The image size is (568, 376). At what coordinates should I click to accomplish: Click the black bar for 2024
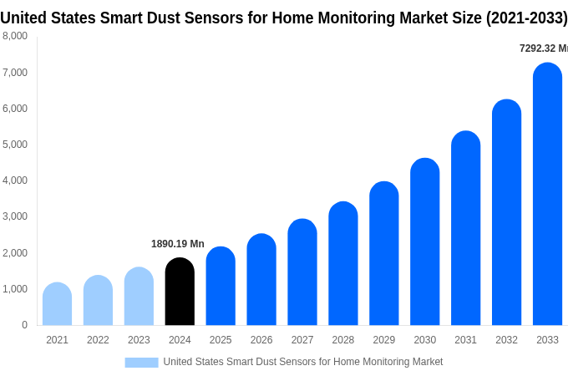pyautogui.click(x=180, y=292)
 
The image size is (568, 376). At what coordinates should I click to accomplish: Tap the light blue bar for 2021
pyautogui.click(x=57, y=304)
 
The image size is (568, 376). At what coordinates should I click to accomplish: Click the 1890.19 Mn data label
pyautogui.click(x=177, y=244)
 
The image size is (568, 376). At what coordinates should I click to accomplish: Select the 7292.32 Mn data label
pyautogui.click(x=543, y=48)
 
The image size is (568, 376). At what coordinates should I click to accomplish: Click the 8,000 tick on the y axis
pyautogui.click(x=15, y=36)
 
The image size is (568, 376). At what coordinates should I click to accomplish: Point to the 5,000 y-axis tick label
pyautogui.click(x=15, y=145)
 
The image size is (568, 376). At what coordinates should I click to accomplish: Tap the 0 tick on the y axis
pyautogui.click(x=24, y=325)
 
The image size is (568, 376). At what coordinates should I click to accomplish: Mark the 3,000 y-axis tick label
pyautogui.click(x=15, y=216)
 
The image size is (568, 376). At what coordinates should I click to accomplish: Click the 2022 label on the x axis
pyautogui.click(x=98, y=340)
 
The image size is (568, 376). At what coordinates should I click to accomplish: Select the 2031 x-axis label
pyautogui.click(x=465, y=340)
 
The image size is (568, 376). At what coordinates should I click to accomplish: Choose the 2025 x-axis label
pyautogui.click(x=221, y=340)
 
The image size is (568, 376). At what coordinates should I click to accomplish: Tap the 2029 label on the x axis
pyautogui.click(x=383, y=340)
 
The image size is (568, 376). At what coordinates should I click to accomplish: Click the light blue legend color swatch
pyautogui.click(x=141, y=362)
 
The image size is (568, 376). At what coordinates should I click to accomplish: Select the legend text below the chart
pyautogui.click(x=302, y=362)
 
